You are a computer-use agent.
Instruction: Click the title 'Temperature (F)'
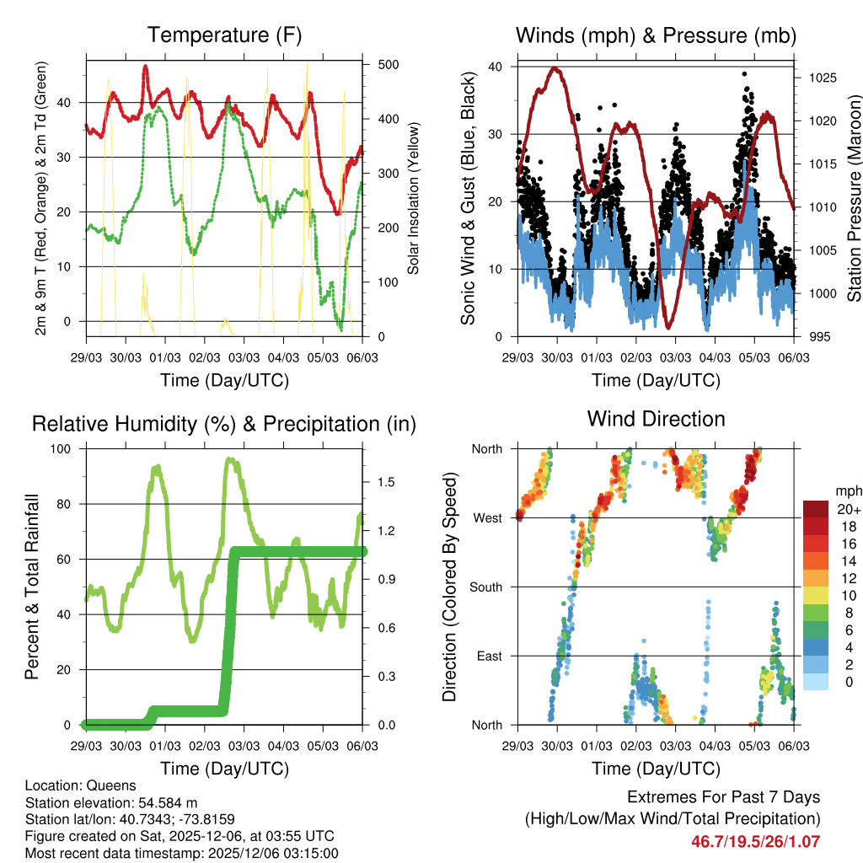(224, 35)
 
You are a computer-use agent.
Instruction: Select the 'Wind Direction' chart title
(656, 419)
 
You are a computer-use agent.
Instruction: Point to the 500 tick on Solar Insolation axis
(388, 65)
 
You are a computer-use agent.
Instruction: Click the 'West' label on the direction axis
(486, 517)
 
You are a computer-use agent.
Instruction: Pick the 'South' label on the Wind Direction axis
(485, 587)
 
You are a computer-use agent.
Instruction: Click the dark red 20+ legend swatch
(815, 509)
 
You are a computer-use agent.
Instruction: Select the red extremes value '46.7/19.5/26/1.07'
(755, 841)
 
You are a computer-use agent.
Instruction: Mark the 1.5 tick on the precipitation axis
(387, 481)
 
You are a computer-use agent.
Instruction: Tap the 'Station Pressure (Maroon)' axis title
(853, 185)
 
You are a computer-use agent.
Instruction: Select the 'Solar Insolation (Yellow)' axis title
(414, 199)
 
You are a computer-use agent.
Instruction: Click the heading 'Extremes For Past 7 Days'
(723, 797)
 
